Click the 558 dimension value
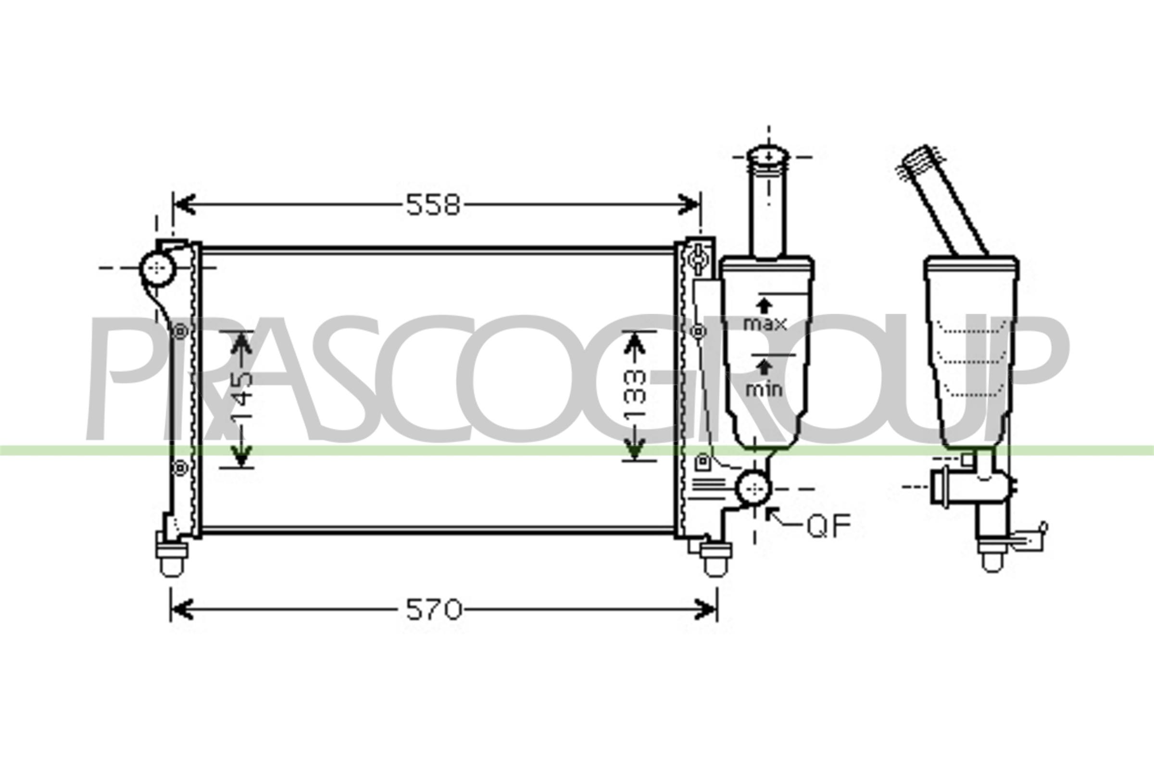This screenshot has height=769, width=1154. tap(433, 205)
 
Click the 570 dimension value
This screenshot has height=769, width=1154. tap(434, 609)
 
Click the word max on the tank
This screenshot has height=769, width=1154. tap(765, 323)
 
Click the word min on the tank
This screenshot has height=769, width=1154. tap(764, 389)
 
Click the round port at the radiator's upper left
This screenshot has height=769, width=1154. tap(158, 268)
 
